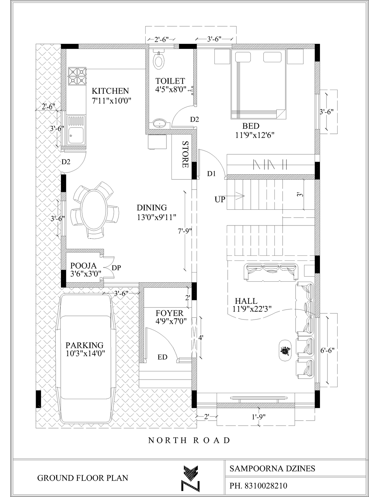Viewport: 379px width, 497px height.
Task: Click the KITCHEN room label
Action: [110, 91]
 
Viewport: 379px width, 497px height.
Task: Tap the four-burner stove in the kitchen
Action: [77, 76]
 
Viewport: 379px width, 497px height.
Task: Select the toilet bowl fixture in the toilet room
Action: [159, 60]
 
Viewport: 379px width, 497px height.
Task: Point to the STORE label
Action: [185, 154]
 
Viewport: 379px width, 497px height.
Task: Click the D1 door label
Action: [212, 174]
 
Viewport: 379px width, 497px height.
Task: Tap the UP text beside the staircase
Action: [220, 200]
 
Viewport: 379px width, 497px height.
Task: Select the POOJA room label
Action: [83, 265]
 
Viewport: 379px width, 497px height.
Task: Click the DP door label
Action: [116, 268]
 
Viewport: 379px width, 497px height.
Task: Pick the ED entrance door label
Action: [162, 357]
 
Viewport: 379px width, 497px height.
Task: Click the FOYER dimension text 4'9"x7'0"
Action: [171, 321]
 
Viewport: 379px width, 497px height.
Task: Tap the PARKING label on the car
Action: [84, 345]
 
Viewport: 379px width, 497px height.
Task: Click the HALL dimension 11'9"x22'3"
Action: [252, 308]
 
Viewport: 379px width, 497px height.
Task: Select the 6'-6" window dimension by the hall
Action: [328, 350]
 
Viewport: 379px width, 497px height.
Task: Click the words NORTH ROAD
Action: [189, 440]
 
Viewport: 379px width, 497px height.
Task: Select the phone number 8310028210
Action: [266, 486]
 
